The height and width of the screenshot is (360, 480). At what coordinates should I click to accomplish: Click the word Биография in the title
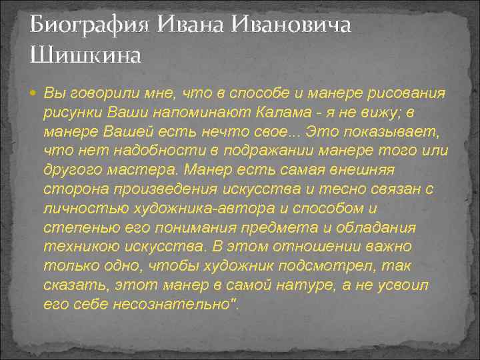click(x=91, y=26)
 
